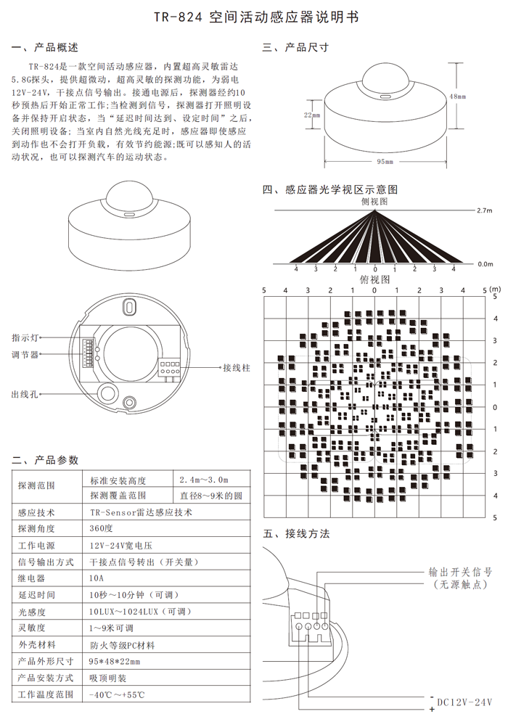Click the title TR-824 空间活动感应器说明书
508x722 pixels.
253,17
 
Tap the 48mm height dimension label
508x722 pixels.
457,96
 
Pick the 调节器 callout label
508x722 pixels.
25,355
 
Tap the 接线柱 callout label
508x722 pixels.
237,368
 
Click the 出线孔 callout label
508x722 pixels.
25,394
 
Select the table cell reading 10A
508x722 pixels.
97,578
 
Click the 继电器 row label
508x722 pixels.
32,578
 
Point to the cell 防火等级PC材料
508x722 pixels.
122,644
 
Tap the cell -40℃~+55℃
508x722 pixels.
116,694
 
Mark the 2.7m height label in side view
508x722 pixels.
485,210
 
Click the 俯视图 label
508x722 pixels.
374,279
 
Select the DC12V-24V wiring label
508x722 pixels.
465,702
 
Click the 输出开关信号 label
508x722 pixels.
462,570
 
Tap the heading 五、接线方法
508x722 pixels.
296,534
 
